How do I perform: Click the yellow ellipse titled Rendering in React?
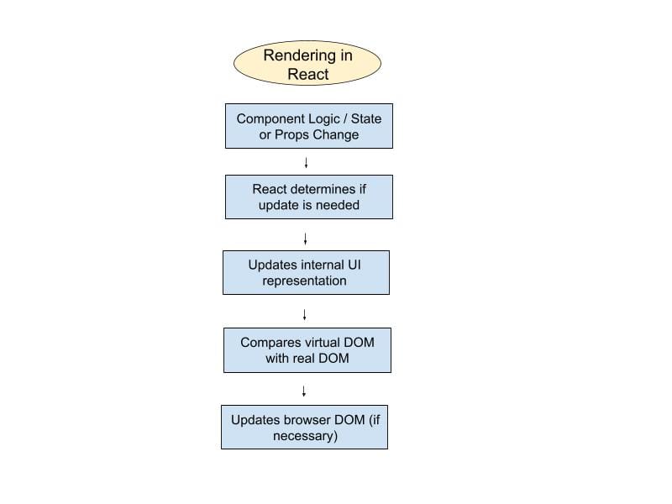307,65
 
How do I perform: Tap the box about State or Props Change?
308,126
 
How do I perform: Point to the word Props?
293,134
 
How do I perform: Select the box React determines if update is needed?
308,197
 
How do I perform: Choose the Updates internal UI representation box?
306,272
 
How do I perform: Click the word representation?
304,281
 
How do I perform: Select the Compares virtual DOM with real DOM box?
307,350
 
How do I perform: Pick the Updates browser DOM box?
304,428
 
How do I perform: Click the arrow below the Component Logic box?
306,162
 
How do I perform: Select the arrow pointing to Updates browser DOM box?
304,391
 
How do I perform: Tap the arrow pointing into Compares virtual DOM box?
304,315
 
